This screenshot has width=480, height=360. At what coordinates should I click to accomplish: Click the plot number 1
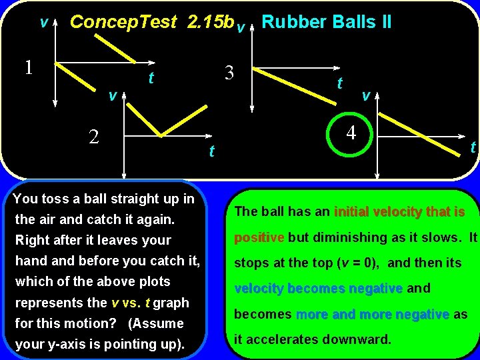coord(28,67)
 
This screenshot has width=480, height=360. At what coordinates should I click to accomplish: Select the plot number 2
coord(95,137)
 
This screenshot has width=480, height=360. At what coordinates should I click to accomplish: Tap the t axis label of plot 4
coord(473,147)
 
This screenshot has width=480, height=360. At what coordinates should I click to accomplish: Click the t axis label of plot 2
coord(211,153)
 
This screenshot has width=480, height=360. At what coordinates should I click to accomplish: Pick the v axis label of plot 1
coord(43,23)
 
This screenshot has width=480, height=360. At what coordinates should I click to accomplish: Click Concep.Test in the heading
coord(123,22)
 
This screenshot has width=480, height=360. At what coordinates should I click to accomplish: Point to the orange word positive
coord(260,237)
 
